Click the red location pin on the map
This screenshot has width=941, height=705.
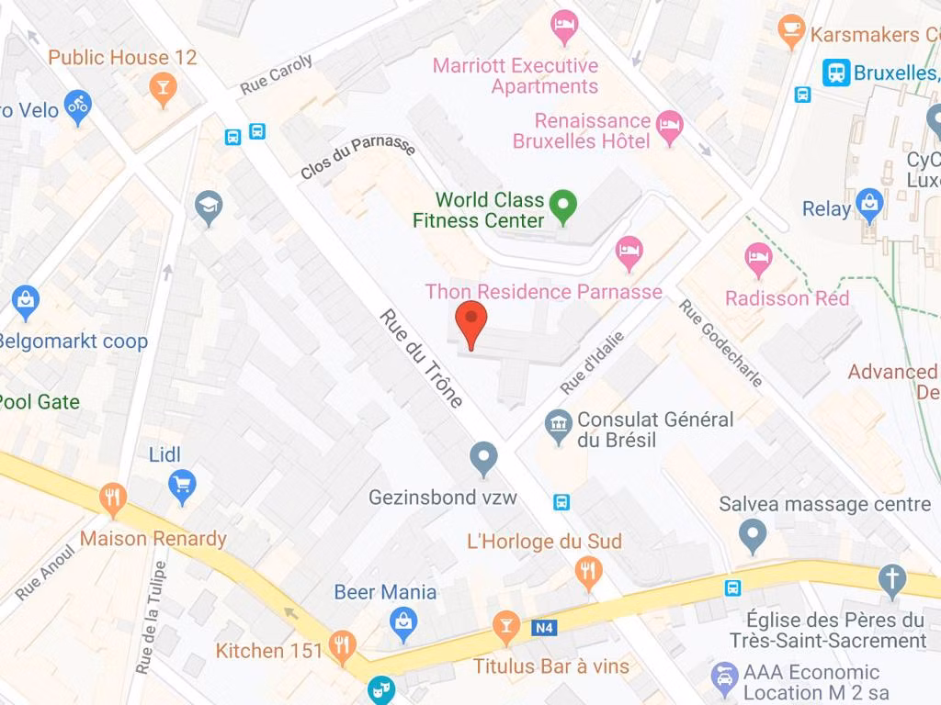pos(471,322)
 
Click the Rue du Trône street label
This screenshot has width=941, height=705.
pos(422,358)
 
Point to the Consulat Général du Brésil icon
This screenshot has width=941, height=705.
pos(557,425)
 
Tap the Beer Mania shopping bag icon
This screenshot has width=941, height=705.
pos(402,624)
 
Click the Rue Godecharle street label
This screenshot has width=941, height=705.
pos(720,342)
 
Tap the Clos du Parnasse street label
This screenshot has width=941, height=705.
pos(357,157)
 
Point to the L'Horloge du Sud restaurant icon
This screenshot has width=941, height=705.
pos(588,572)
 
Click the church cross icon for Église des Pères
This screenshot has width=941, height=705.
pos(890,578)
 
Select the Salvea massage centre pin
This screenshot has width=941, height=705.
pos(753,534)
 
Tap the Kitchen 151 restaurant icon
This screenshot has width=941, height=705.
pos(342,645)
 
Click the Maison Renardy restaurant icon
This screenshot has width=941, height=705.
pos(113,499)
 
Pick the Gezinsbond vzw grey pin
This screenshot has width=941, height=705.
pos(483,456)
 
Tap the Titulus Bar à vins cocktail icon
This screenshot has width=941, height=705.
pos(505,627)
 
